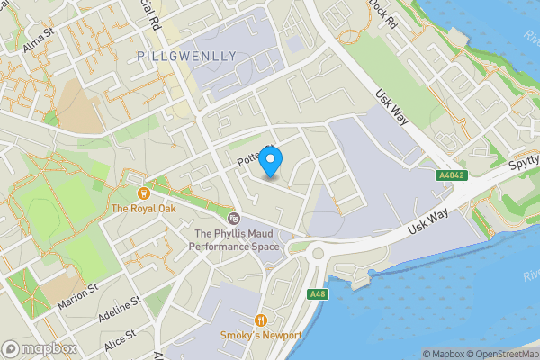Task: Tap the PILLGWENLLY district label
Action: pos(187,56)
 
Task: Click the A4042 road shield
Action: pos(449,175)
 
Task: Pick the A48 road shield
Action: pos(316,294)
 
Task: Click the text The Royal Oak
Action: pos(141,209)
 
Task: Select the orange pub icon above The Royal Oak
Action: pos(142,193)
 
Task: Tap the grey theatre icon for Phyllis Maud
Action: pos(233,219)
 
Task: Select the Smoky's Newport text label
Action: pos(261,336)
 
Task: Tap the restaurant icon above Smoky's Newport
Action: pos(261,319)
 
